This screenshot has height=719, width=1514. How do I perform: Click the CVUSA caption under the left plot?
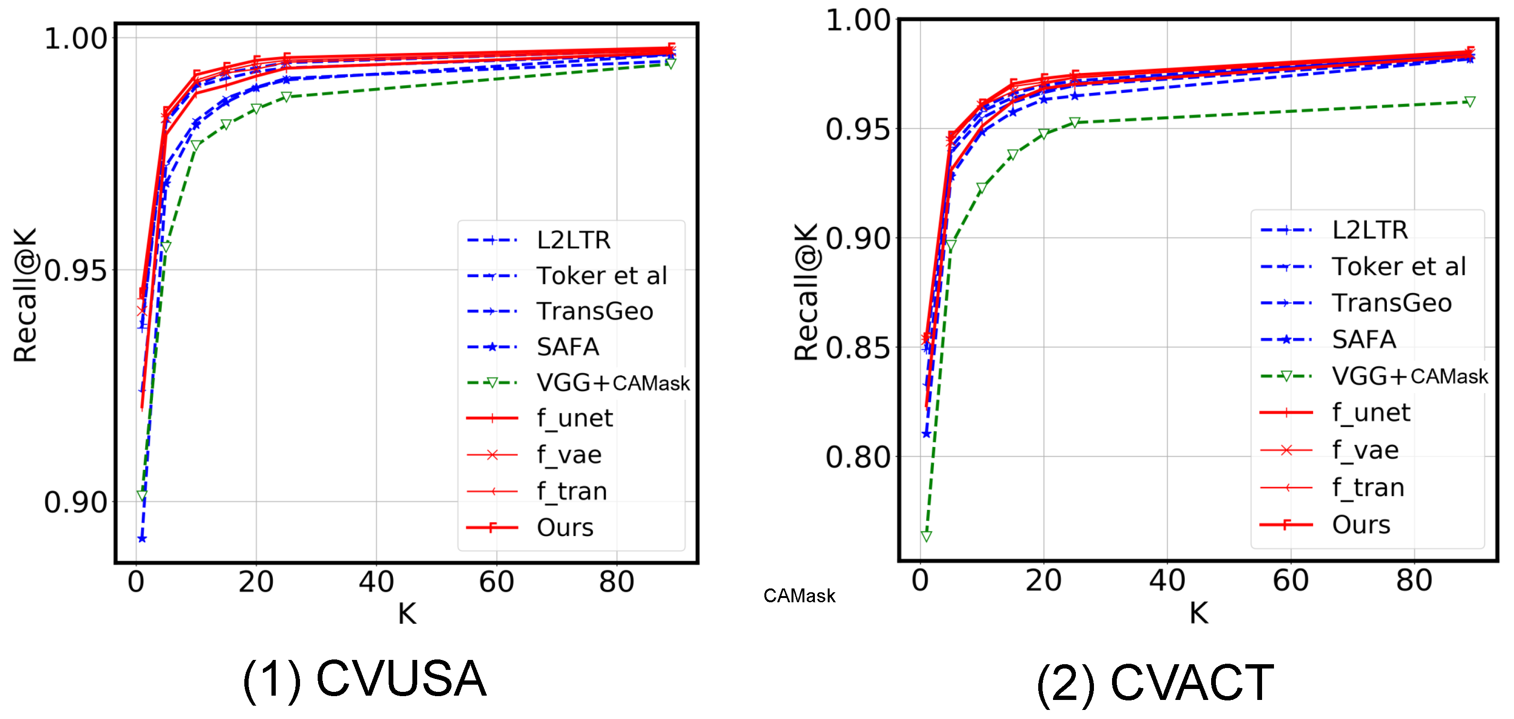pyautogui.click(x=364, y=679)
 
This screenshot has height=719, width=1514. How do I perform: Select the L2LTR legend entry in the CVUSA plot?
pyautogui.click(x=573, y=240)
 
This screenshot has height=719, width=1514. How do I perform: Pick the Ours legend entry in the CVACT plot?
pyautogui.click(x=1361, y=525)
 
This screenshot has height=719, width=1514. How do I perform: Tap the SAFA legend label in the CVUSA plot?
pyautogui.click(x=567, y=347)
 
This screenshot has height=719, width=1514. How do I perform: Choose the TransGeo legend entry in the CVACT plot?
pyautogui.click(x=1391, y=303)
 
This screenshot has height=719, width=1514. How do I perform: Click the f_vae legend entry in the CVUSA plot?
pyautogui.click(x=568, y=455)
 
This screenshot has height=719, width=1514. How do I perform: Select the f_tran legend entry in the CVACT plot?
pyautogui.click(x=1368, y=487)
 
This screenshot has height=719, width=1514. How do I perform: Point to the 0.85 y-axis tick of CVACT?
pyautogui.click(x=858, y=347)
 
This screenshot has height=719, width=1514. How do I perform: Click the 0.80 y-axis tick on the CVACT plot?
pyautogui.click(x=858, y=457)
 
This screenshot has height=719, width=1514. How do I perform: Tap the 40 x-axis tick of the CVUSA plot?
pyautogui.click(x=376, y=582)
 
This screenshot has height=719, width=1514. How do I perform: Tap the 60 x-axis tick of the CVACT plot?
pyautogui.click(x=1290, y=581)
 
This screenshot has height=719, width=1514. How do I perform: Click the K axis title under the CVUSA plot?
pyautogui.click(x=407, y=614)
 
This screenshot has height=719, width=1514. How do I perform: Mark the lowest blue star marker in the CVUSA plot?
pyautogui.click(x=141, y=538)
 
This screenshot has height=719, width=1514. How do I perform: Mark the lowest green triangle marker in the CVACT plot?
pyautogui.click(x=926, y=536)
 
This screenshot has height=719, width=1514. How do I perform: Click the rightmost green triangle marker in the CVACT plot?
pyautogui.click(x=1469, y=101)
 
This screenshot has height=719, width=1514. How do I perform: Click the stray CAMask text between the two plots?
pyautogui.click(x=799, y=596)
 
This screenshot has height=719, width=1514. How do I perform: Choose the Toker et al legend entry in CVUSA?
pyautogui.click(x=601, y=276)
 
